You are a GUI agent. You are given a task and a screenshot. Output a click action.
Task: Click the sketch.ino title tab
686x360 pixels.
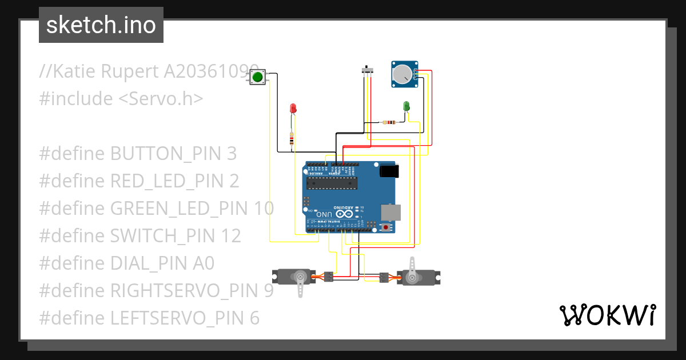101,25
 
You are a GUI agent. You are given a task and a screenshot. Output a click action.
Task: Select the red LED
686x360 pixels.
293,108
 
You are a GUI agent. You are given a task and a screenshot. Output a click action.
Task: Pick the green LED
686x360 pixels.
406,106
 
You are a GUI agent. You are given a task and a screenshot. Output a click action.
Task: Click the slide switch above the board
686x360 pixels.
368,71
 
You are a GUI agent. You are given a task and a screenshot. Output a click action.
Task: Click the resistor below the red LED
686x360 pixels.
292,139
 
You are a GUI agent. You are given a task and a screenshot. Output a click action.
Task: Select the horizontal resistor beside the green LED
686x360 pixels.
390,122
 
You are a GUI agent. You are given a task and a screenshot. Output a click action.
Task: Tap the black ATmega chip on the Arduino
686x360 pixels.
332,183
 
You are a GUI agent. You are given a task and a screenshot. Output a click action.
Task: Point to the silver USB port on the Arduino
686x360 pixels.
391,212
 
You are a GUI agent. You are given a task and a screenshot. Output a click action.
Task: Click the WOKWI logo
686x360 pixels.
607,315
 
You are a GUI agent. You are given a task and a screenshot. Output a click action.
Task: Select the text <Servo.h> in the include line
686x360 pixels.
161,99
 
